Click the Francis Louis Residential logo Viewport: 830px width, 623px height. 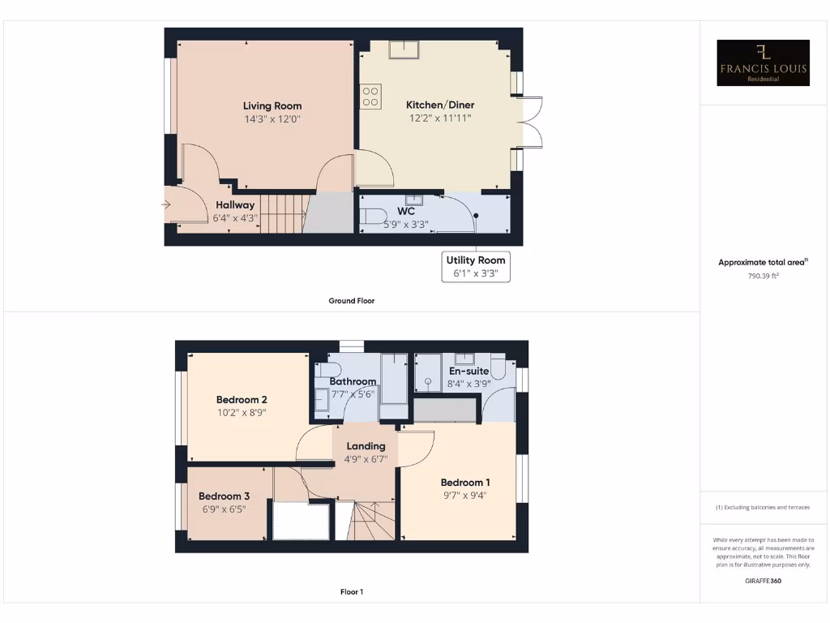[x=764, y=62]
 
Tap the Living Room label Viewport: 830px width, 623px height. [x=272, y=105]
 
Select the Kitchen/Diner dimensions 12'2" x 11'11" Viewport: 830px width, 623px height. [x=439, y=118]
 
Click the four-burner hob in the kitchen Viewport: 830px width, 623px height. [x=370, y=97]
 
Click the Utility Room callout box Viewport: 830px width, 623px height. [x=476, y=267]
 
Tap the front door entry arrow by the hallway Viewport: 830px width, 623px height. [x=166, y=205]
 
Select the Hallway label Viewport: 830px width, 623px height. [x=235, y=205]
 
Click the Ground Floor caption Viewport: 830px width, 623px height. [x=351, y=301]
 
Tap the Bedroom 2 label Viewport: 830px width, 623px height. [x=242, y=399]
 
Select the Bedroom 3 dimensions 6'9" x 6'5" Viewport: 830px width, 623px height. [x=224, y=509]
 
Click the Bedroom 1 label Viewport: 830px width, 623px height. [x=465, y=482]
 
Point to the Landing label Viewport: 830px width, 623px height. [x=366, y=446]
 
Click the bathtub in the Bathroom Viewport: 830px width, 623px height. [x=395, y=379]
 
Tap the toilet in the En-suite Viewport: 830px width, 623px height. [x=497, y=369]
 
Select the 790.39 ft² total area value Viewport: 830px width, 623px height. [x=763, y=276]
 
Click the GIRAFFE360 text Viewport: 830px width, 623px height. [x=763, y=581]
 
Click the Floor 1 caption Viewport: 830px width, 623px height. [x=351, y=592]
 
